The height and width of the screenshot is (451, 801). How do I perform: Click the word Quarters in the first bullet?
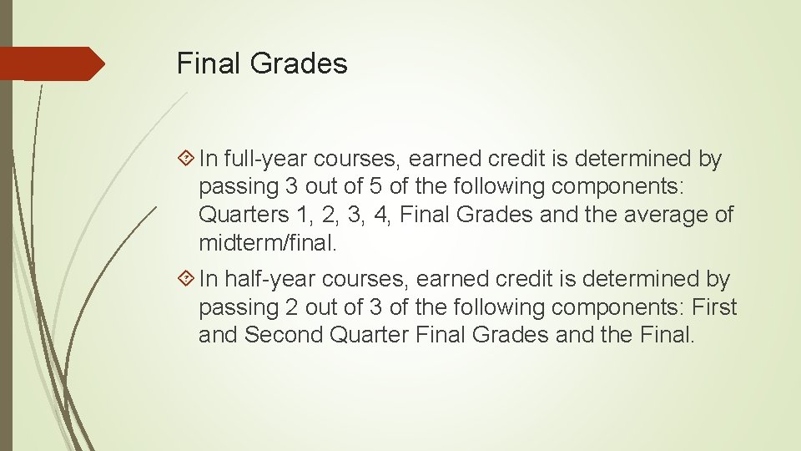point(243,215)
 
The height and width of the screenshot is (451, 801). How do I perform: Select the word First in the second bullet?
point(714,307)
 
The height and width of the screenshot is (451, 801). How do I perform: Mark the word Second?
point(283,335)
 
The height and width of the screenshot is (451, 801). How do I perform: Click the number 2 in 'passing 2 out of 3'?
point(291,307)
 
